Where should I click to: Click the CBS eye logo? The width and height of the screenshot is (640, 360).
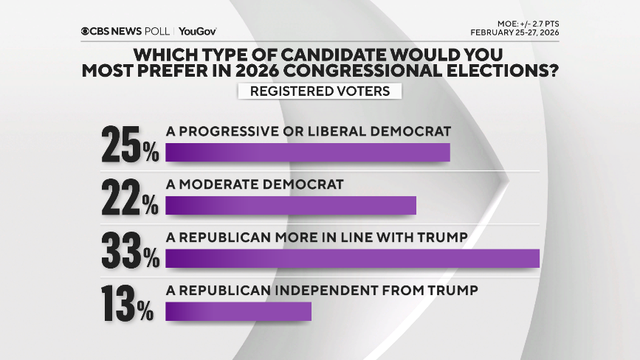(x=86, y=31)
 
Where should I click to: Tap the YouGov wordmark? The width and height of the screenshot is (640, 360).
(x=197, y=31)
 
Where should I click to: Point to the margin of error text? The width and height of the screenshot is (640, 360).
(x=523, y=23)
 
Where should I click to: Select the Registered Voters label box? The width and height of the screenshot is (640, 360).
(x=320, y=91)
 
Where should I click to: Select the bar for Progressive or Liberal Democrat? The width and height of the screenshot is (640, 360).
(x=308, y=152)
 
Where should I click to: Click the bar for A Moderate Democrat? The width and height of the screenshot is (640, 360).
(x=291, y=205)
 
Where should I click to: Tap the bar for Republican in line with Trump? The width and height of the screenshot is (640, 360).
(x=353, y=258)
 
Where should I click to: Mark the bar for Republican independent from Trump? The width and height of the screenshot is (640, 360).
(x=238, y=311)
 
